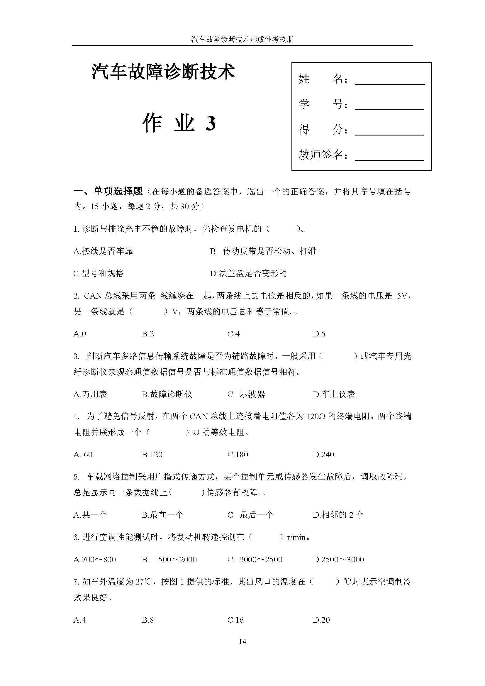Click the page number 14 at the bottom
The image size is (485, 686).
[x=242, y=641]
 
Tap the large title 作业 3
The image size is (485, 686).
[x=179, y=123]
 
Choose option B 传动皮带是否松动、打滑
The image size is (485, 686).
[x=263, y=251]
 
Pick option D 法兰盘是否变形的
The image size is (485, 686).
[x=248, y=273]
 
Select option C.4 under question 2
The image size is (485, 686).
[x=233, y=334]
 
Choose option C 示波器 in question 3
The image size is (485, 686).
[x=246, y=394]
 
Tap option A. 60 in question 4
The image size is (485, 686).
[x=83, y=454]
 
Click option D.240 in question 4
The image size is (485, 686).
[x=323, y=454]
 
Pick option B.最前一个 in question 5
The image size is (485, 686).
[x=162, y=514]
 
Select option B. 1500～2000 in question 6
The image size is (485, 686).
[x=169, y=559]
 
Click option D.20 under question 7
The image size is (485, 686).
[x=321, y=620]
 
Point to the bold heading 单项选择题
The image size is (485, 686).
[x=118, y=191]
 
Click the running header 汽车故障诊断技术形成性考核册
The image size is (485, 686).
[x=242, y=39]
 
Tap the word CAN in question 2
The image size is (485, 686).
[x=93, y=296]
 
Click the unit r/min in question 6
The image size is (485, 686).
[x=296, y=537]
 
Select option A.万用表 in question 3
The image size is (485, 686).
[x=90, y=394]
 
